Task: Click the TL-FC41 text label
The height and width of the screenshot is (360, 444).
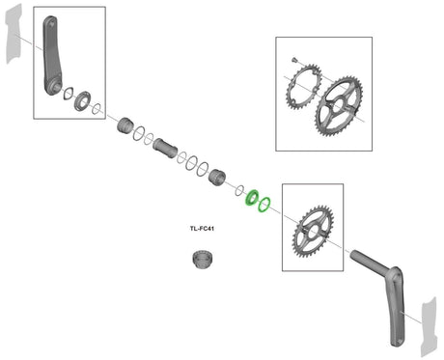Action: click(x=202, y=229)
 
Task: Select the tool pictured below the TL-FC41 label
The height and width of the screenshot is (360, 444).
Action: click(x=204, y=260)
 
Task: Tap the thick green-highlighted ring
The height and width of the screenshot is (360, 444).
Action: click(x=252, y=198)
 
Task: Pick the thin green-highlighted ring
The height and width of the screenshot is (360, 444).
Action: click(x=264, y=205)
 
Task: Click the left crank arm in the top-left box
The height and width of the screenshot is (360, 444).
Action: click(x=52, y=56)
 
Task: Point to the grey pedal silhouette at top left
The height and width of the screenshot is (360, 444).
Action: click(x=14, y=34)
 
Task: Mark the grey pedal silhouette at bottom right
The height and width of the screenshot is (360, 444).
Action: click(x=430, y=327)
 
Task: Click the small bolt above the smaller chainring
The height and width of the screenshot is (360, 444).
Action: click(x=293, y=60)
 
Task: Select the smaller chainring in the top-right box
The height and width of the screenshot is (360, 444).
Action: click(x=303, y=87)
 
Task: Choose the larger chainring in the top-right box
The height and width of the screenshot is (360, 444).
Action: click(x=339, y=106)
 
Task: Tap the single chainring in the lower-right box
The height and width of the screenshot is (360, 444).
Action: click(x=313, y=232)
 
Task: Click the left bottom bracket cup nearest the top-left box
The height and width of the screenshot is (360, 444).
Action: click(x=125, y=125)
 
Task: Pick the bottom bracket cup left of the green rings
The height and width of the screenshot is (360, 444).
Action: click(x=217, y=177)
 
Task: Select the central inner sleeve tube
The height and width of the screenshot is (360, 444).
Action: click(x=165, y=148)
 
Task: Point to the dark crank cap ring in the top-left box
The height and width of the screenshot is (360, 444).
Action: click(x=83, y=101)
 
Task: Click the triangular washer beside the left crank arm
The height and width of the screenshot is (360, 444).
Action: click(x=68, y=94)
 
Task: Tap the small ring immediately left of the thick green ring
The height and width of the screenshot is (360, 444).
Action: click(x=239, y=190)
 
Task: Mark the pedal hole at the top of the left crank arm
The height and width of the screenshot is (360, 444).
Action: click(x=50, y=23)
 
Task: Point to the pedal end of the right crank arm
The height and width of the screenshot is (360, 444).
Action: click(x=399, y=340)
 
